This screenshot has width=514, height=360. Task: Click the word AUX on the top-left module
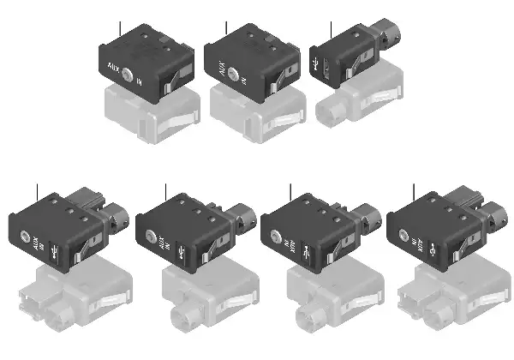click(114, 68)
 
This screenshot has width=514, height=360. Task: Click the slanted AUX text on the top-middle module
click(218, 66)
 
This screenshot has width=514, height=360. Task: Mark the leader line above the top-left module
click(122, 27)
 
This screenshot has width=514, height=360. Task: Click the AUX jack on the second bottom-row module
click(152, 238)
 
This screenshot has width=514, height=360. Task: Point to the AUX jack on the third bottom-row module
click(278, 239)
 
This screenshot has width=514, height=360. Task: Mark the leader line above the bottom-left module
click(39, 195)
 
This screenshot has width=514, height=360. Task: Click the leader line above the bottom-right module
click(414, 195)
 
